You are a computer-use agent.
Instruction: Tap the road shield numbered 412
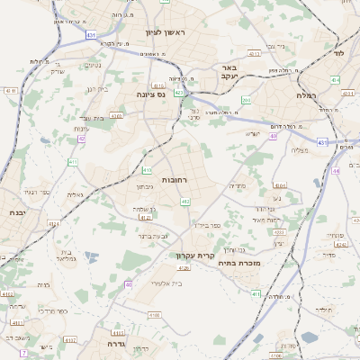coord(184,202)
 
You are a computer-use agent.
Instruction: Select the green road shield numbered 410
coord(147,169)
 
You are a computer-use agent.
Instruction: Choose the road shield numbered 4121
coord(144,217)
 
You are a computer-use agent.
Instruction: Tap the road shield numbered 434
coord(335,80)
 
